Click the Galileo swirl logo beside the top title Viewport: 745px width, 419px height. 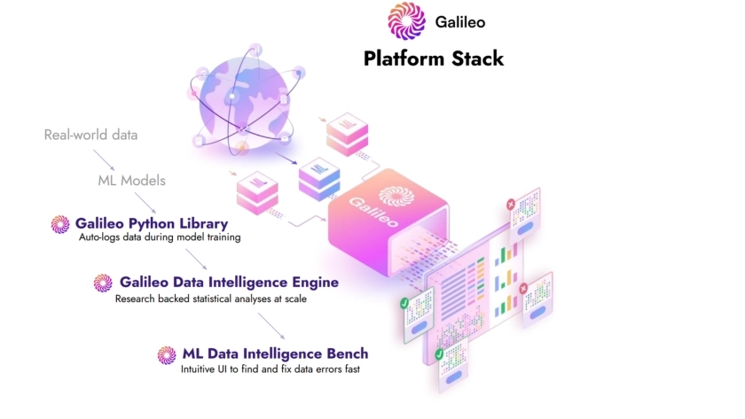tap(406, 22)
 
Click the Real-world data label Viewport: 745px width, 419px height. tap(90, 136)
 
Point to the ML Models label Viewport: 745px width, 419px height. tap(131, 181)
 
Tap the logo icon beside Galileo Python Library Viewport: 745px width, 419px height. tap(60, 224)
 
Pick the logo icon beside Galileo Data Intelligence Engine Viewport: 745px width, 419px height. tap(103, 283)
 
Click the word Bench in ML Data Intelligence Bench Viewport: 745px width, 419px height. tap(348, 353)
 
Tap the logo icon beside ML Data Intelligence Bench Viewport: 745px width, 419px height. tap(167, 354)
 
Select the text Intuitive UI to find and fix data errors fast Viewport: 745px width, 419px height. tap(271, 369)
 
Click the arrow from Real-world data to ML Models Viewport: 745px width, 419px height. tap(105, 159)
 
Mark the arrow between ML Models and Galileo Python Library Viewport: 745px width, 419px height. tap(146, 202)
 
